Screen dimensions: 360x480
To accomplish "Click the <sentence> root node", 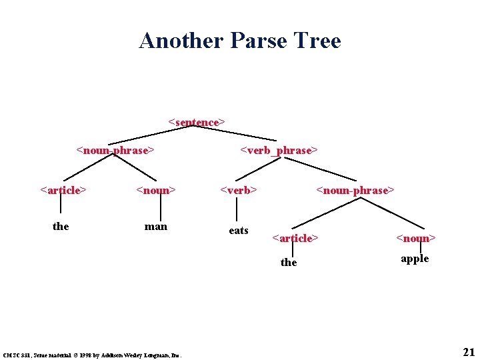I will coord(197,122).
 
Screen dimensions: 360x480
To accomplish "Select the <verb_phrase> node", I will coord(279,150).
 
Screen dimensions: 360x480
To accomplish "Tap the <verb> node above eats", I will coord(239,190).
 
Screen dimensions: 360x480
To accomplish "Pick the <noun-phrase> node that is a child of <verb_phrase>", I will coord(355,190).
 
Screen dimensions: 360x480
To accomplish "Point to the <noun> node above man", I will coord(156,190).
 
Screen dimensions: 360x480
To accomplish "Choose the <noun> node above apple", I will coord(415,238).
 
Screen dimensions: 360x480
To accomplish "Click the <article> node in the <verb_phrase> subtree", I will coord(295,238).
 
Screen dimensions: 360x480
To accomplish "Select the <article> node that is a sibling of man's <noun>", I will coord(63,190).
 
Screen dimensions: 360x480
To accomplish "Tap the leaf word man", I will coord(156,226).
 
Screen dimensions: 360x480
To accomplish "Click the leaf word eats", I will coord(239,231).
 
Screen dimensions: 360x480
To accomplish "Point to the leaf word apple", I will coord(415,259).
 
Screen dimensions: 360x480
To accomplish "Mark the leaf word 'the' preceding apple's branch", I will coord(289,263).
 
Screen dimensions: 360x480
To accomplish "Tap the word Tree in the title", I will coord(319,41).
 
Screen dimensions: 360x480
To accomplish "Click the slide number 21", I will coord(468,351).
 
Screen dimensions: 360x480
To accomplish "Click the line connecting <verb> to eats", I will coord(239,209).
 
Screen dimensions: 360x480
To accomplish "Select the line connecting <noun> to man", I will coord(160,207).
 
